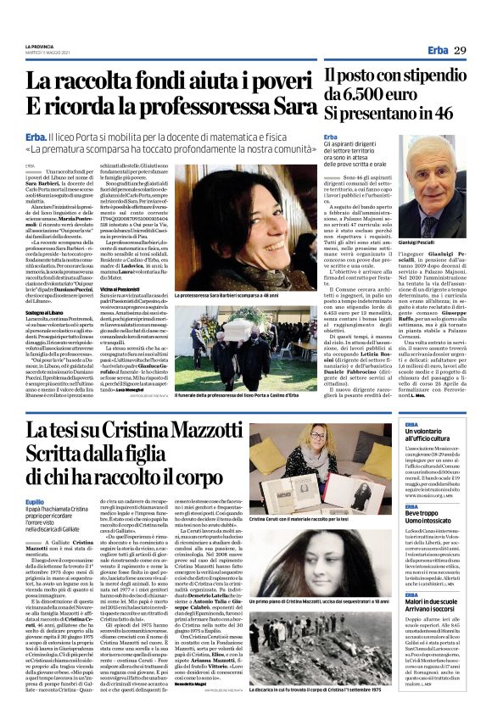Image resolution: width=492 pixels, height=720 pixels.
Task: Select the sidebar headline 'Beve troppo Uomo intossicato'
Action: click(432, 518)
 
